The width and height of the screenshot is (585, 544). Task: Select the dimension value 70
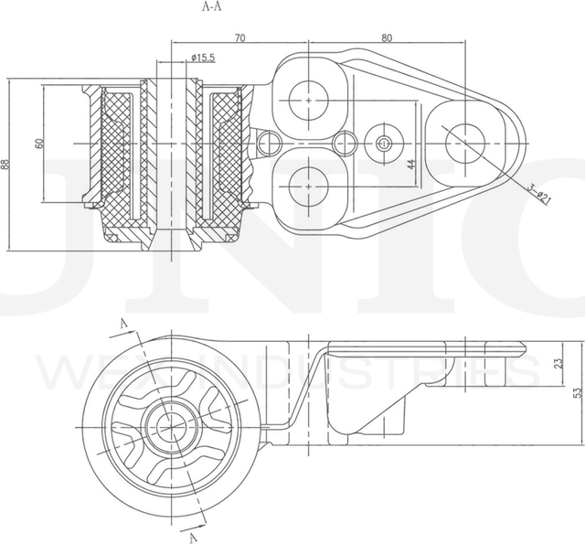click(240, 38)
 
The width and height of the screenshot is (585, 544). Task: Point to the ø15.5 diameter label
click(203, 59)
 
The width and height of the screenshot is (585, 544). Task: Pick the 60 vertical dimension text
click(38, 144)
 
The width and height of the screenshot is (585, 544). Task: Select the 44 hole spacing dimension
click(411, 165)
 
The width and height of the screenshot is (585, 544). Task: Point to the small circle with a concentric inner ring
click(385, 143)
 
